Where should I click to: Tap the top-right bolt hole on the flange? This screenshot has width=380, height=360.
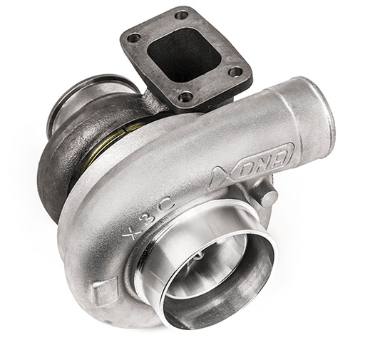click(x=182, y=15)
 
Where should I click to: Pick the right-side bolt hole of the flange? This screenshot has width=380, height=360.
click(x=235, y=71)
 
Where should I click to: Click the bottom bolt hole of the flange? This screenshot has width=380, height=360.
click(x=186, y=98)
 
